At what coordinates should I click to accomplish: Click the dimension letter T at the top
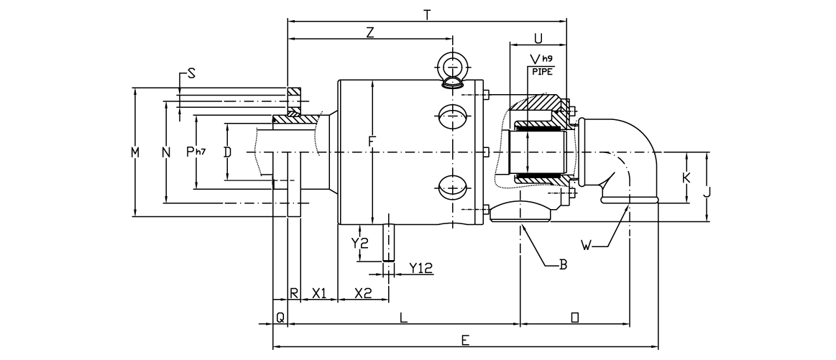point(427,14)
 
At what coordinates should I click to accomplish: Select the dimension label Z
point(370,32)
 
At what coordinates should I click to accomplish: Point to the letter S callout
point(191,73)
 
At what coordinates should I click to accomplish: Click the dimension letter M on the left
point(134,152)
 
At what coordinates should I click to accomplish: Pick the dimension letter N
point(166,152)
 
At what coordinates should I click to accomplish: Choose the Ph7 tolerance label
point(196,151)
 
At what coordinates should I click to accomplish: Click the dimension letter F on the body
point(372,142)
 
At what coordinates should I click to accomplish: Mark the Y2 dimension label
point(360,243)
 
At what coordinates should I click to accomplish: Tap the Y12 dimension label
point(421,267)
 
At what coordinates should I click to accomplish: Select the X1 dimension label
point(319,292)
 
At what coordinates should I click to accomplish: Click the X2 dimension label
point(363,292)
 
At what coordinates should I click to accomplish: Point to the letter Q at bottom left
point(280,315)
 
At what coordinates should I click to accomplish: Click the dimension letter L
point(403,317)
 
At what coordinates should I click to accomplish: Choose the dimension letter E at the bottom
point(465,339)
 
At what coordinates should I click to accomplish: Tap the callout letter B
point(564,264)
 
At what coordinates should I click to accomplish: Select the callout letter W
point(587,246)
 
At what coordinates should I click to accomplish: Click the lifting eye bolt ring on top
point(451,65)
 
